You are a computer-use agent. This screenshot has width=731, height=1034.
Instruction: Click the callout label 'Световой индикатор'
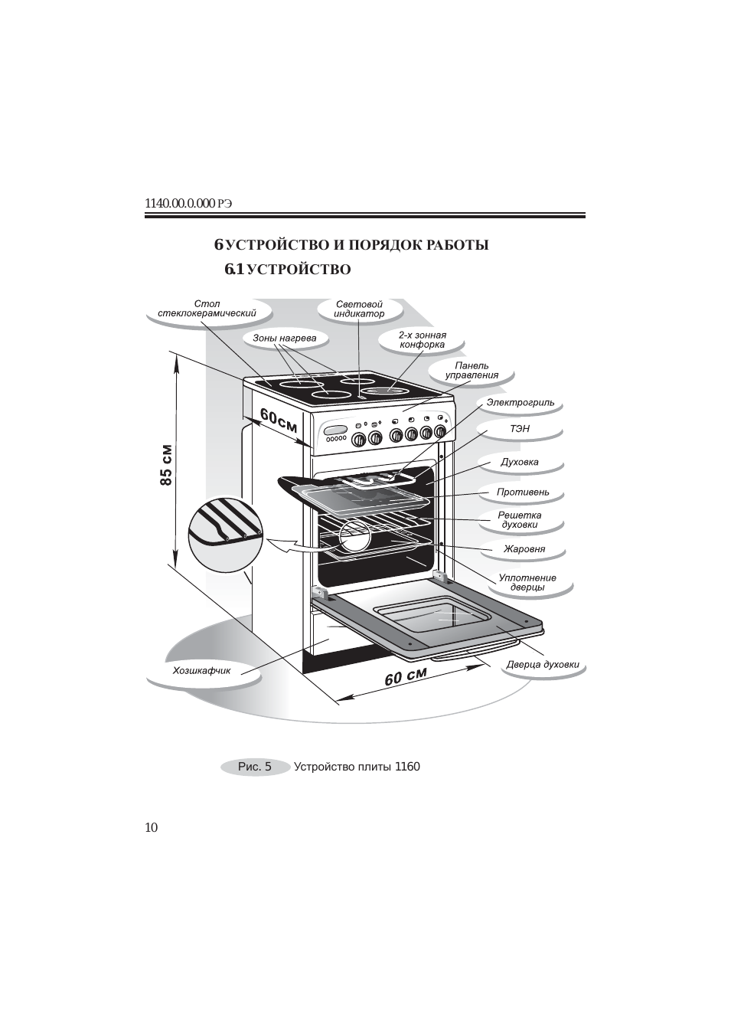click(359, 309)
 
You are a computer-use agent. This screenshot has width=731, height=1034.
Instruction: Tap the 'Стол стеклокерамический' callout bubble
click(207, 309)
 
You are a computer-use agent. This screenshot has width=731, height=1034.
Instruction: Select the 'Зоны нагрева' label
click(285, 338)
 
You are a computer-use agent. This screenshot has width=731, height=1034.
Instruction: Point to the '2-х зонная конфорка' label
click(422, 340)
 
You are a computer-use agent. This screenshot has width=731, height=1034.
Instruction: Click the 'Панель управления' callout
click(472, 371)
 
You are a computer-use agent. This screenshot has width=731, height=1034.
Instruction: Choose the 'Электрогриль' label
click(521, 403)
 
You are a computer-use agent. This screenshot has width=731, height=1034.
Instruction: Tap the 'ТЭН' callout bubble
click(520, 429)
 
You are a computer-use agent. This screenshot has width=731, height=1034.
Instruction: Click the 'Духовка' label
click(520, 462)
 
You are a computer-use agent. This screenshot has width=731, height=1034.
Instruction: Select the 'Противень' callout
click(523, 492)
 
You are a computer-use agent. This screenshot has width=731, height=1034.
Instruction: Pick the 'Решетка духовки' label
click(520, 520)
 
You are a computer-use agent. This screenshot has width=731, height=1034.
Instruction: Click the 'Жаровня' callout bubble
click(524, 549)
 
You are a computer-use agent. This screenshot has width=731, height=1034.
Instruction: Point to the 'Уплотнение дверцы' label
click(527, 582)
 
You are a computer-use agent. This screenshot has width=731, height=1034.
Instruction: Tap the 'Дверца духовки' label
click(543, 665)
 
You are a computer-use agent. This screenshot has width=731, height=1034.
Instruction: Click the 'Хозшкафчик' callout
click(202, 671)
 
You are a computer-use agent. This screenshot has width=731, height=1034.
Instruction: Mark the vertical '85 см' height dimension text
click(167, 465)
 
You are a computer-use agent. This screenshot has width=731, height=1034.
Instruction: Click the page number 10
click(151, 827)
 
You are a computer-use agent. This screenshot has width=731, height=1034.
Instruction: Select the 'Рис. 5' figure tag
click(255, 767)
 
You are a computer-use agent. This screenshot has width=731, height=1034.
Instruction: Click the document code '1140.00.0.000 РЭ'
click(188, 203)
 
